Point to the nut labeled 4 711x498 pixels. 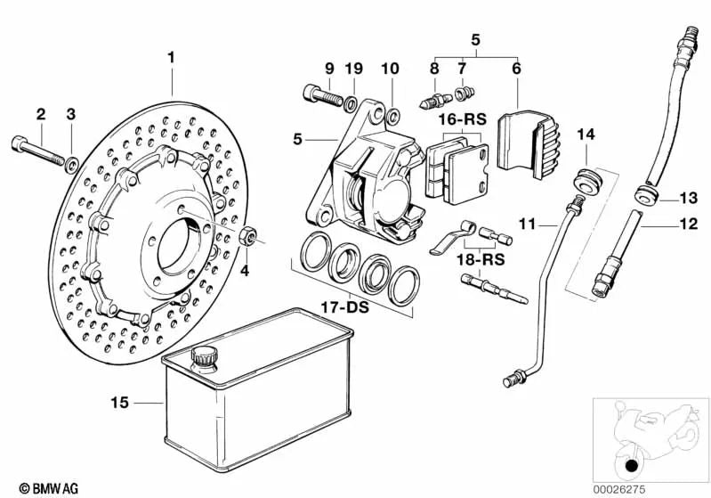coord(249,236)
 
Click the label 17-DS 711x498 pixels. coord(344,308)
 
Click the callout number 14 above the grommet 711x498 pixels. coord(585,135)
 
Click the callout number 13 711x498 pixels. coord(690,198)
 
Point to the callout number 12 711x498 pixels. coord(689,225)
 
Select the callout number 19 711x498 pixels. coord(354,68)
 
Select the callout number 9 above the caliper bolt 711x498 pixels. coord(329,68)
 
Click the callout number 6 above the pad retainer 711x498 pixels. coord(516,68)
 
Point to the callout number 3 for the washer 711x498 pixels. coord(71,114)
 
